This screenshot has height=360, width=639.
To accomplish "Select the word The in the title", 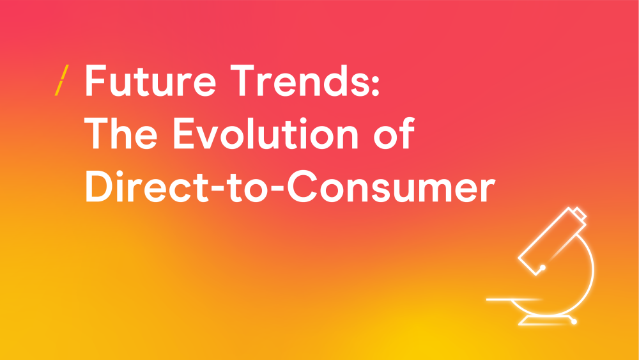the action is (121, 133).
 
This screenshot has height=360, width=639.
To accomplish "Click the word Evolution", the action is (266, 133).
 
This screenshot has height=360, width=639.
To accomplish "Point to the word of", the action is (394, 132).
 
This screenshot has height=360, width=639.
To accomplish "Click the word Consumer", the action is (391, 186).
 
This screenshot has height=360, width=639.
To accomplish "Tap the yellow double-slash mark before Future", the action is (61, 81).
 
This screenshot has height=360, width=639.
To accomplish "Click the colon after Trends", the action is (375, 86).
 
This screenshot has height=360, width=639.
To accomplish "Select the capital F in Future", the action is (96, 81).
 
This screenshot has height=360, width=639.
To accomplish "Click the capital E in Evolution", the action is (183, 133).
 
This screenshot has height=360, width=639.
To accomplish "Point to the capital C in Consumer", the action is (302, 186).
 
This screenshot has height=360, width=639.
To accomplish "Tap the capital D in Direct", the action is (98, 186).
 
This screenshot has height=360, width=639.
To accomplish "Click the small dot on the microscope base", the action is (574, 322).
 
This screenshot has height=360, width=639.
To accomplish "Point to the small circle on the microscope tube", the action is (543, 268).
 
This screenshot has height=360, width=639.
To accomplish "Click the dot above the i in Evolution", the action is (303, 120).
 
